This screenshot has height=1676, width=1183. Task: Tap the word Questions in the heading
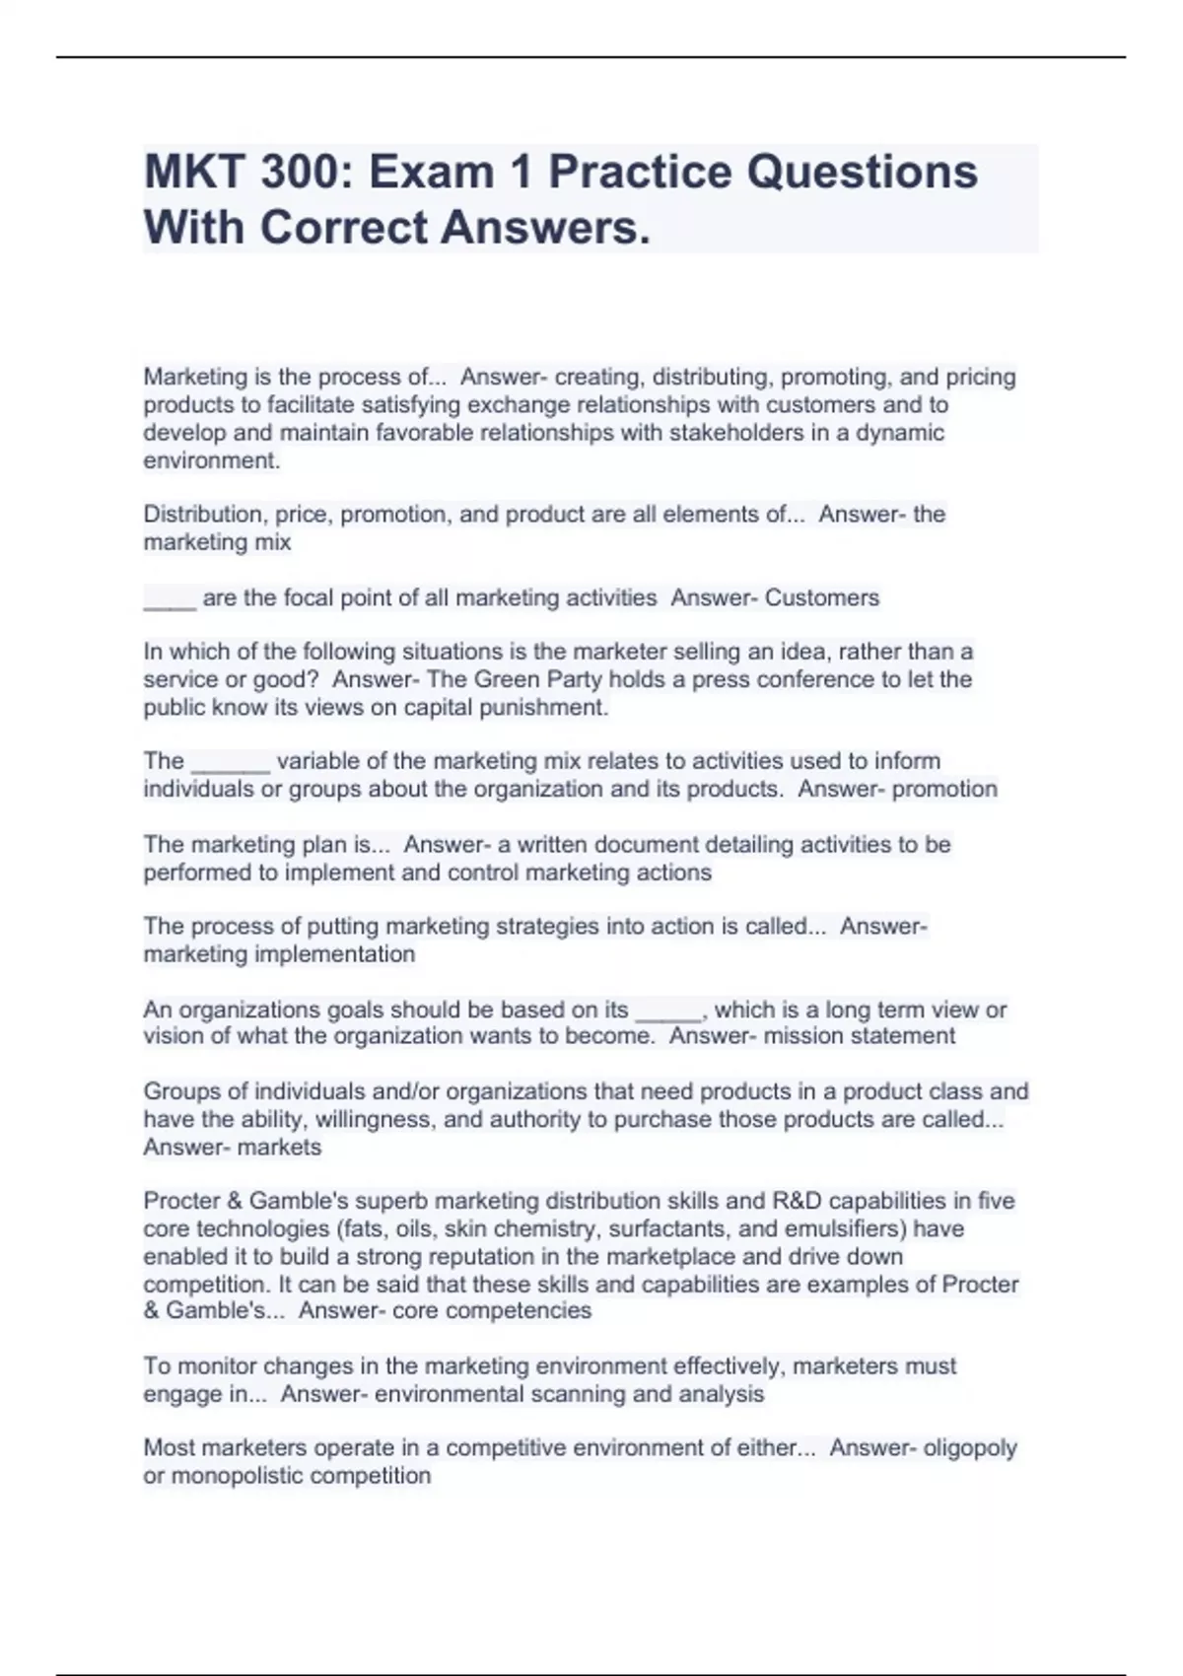(x=862, y=172)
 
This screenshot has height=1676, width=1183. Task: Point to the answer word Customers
(x=822, y=598)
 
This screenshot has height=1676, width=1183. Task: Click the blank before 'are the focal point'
(x=170, y=598)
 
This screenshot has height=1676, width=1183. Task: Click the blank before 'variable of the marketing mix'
(x=230, y=762)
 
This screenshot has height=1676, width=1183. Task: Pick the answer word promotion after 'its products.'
(x=947, y=790)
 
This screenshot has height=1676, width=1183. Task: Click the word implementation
(x=334, y=954)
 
